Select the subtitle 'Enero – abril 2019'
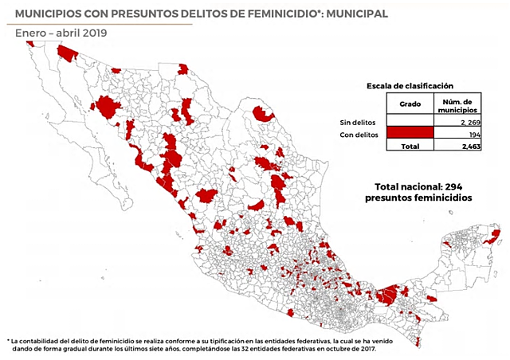tap(61, 33)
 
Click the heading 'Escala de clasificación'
tap(410, 85)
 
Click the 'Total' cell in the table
tap(410, 147)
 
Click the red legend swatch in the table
tap(410, 135)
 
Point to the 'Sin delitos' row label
tap(355, 123)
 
